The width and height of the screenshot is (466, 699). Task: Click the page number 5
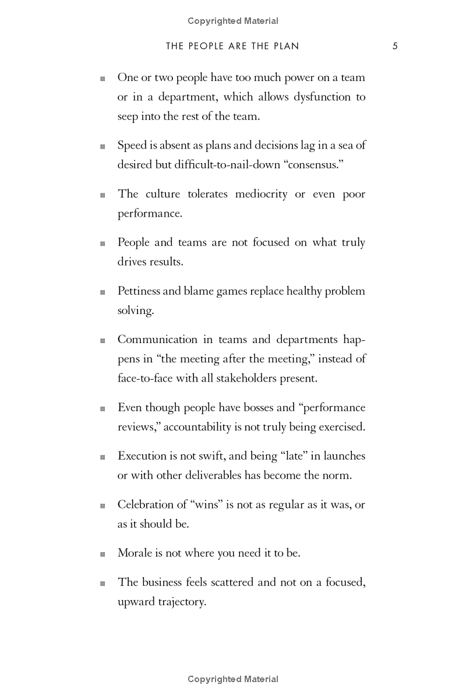tap(395, 47)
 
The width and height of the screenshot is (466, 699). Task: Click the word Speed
tap(132, 146)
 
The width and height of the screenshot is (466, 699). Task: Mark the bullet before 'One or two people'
tap(103, 79)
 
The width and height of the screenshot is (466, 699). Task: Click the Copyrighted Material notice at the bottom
tap(233, 679)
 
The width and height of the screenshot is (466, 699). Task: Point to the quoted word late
tap(277, 456)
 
